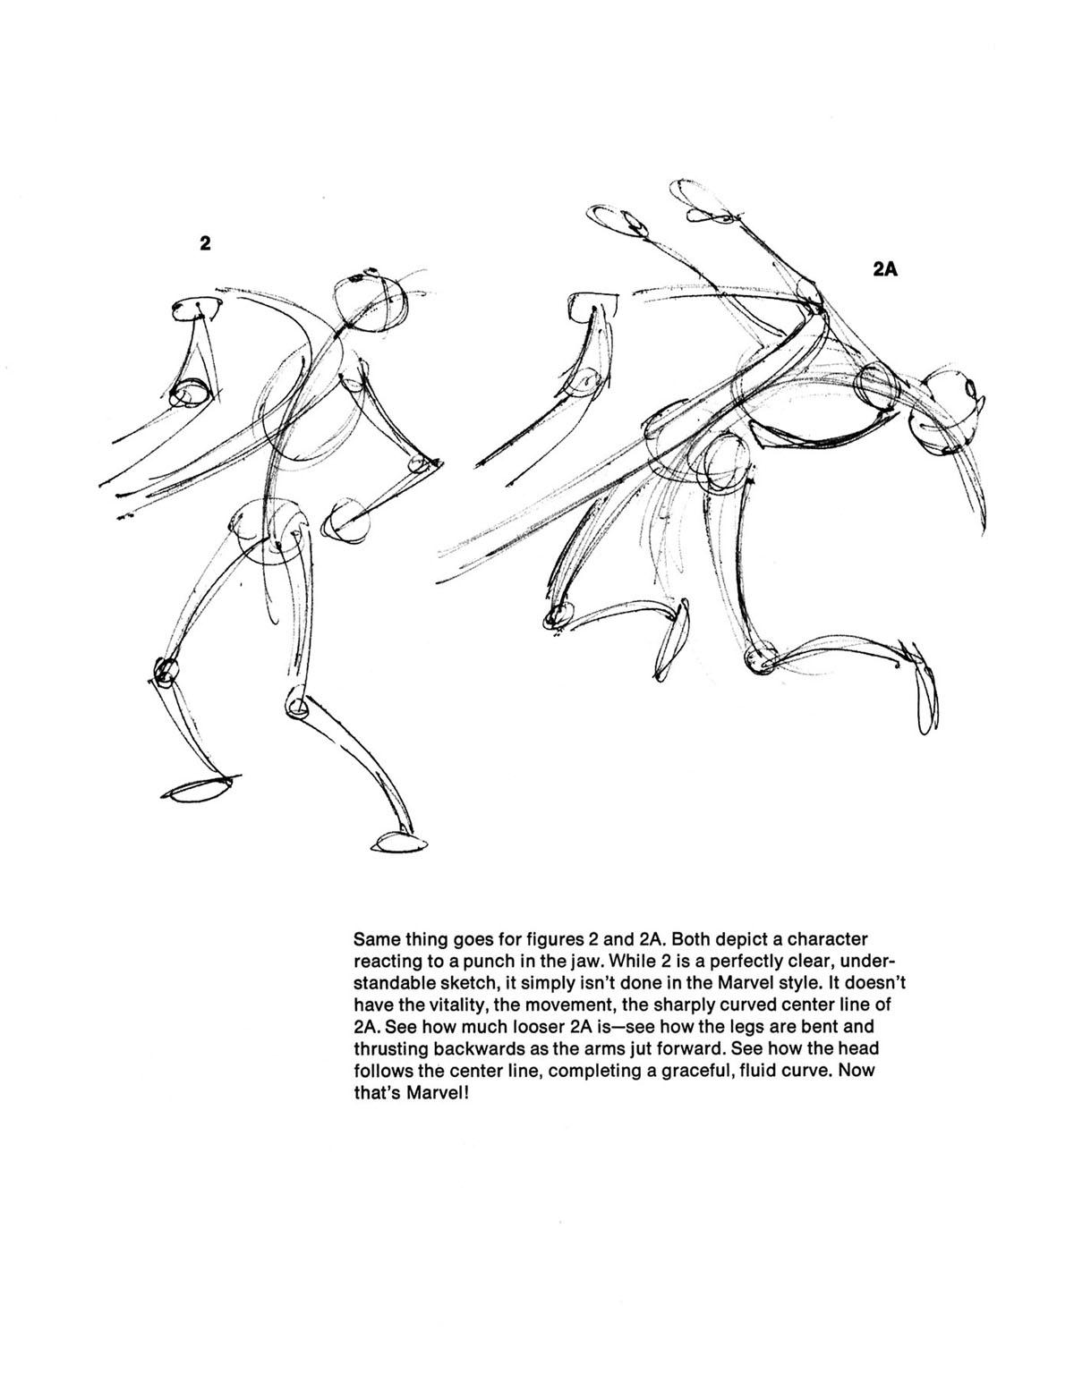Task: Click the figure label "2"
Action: (205, 243)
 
